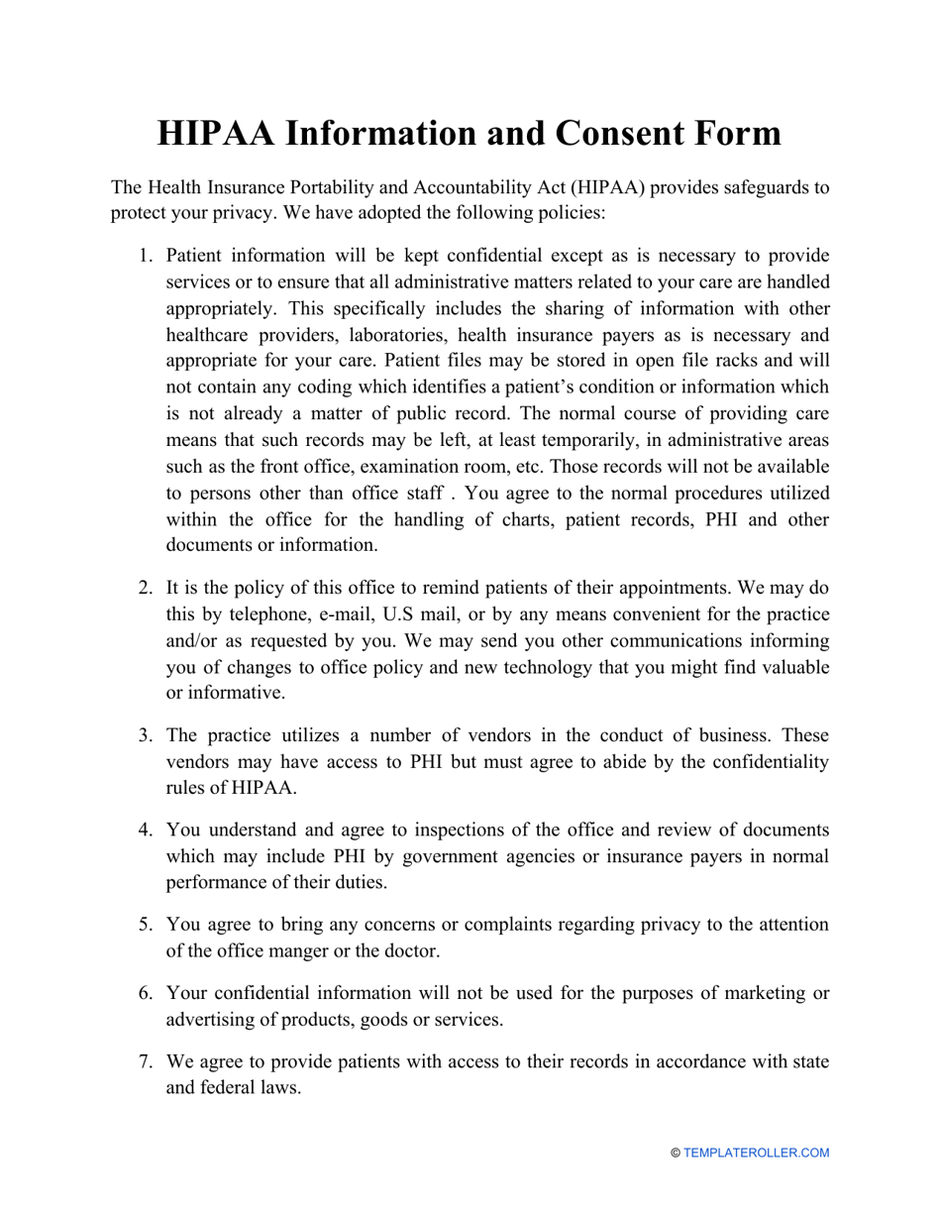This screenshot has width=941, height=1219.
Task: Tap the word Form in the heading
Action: (x=731, y=134)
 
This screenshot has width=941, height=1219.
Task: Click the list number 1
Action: (x=144, y=256)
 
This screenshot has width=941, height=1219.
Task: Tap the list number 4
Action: (x=144, y=829)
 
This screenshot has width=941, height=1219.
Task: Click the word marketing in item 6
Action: (x=764, y=993)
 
